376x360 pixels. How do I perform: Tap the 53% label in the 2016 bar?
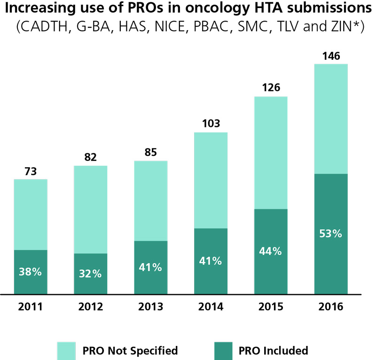tap(330, 233)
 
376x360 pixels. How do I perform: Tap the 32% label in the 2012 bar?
tap(90, 274)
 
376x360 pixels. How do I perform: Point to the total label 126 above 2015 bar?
tap(270, 88)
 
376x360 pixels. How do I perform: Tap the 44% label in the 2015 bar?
tap(270, 251)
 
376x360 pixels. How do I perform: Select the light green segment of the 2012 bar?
tap(90, 209)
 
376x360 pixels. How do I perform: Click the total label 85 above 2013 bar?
tap(150, 152)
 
